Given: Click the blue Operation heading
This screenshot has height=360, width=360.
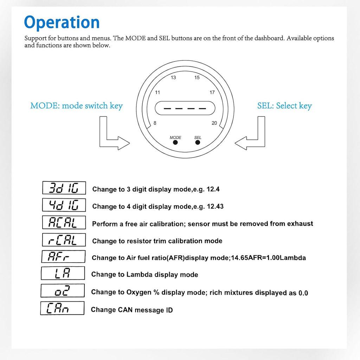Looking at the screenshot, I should pos(62,22).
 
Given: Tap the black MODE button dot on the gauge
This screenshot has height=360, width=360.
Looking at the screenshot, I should pos(175,142).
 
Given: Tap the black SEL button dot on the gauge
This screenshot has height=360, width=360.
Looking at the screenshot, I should pos(198,142).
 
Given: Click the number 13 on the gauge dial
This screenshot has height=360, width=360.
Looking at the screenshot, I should pos(173,77).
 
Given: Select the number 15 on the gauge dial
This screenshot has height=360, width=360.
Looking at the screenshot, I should pos(197,77).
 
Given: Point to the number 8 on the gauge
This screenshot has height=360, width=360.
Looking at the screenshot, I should pos(155,123).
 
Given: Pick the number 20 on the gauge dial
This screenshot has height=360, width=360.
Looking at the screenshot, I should pos(214,123).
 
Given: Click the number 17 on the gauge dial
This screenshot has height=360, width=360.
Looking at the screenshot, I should pos(212,92).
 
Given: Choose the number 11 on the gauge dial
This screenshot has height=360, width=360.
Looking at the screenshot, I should pos(158,92).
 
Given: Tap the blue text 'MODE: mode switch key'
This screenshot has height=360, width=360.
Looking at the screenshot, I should pos(76,105).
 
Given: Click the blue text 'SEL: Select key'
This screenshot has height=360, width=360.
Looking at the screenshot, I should pos(284,105).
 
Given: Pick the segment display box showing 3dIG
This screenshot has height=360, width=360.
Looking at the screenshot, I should pos(64,188).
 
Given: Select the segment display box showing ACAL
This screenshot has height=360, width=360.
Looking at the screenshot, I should pos(64,222).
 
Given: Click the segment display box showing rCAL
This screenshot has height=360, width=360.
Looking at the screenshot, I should pos(64,240).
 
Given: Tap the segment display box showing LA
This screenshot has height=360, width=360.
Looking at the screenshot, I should pos(63,274).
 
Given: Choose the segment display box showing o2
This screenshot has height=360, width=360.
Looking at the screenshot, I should pos(63,291).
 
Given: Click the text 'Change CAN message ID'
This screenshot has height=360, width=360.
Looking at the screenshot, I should pos(132,310).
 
